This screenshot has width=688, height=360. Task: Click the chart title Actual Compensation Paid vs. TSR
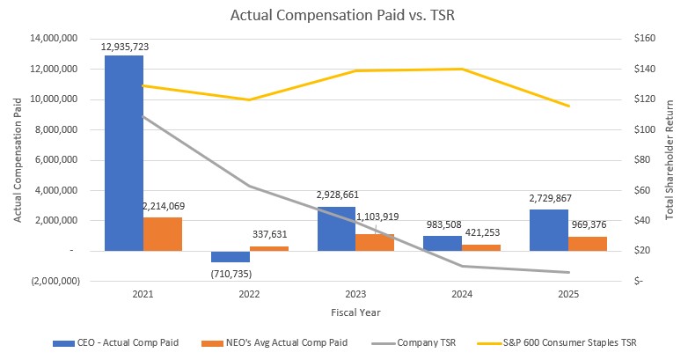[344, 15]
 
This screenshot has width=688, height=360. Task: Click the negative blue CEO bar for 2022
[231, 256]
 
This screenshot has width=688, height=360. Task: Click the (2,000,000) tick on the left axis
[49, 281]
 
